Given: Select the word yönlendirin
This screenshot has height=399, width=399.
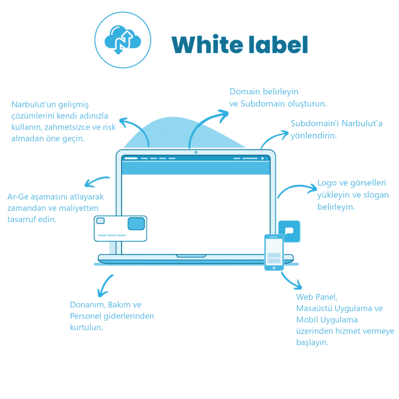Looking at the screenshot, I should (314, 136).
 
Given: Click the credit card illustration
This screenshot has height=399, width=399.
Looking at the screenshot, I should (120, 228).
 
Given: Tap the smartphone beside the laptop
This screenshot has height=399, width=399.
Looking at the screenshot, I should (274, 252).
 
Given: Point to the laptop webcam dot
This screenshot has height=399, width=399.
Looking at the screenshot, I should (196, 152).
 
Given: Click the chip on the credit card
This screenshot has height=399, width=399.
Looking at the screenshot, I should (136, 224).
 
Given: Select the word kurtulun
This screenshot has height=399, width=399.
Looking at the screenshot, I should (87, 327).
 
